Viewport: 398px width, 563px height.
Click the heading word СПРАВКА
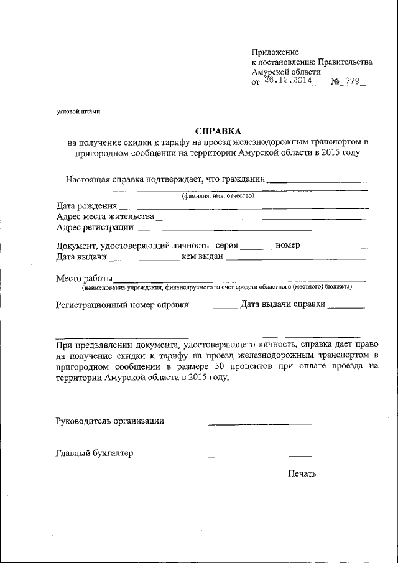pyautogui.click(x=217, y=131)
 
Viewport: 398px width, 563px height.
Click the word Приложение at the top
pyautogui.click(x=275, y=52)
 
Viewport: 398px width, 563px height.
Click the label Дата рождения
pyautogui.click(x=86, y=206)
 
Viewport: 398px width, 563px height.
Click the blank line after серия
pyautogui.click(x=256, y=248)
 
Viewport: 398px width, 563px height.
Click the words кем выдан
pyautogui.click(x=202, y=257)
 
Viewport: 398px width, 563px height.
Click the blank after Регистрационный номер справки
pyautogui.click(x=214, y=307)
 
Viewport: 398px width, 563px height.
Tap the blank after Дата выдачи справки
pyautogui.click(x=346, y=307)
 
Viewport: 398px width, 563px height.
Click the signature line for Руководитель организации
pyautogui.click(x=260, y=424)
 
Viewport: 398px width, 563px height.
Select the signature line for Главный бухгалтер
pyautogui.click(x=260, y=456)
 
